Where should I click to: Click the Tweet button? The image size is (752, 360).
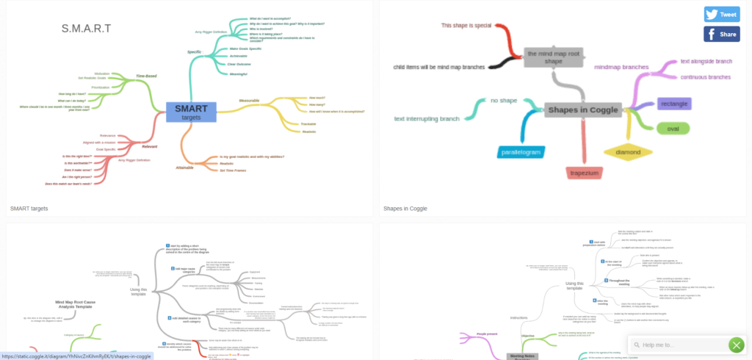tap(721, 14)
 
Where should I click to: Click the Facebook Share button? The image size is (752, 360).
tap(721, 34)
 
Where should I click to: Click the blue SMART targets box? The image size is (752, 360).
tap(191, 112)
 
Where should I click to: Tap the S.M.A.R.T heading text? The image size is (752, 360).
tap(87, 29)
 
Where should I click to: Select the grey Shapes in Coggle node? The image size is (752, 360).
tap(584, 110)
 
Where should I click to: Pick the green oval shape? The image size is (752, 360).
tap(673, 129)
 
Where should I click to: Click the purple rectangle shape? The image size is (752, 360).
tap(673, 104)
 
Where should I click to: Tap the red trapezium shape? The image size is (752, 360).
tap(586, 173)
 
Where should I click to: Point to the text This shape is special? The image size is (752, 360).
tap(466, 26)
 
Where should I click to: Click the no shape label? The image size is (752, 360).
tap(504, 100)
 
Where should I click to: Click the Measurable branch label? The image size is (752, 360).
tap(249, 100)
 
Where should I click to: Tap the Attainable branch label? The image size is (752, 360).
tap(184, 168)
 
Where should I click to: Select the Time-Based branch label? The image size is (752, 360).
tap(146, 76)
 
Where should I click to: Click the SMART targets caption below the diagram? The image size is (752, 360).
tap(29, 209)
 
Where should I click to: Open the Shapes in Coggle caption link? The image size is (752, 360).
tap(405, 209)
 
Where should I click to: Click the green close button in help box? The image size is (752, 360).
tap(736, 345)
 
